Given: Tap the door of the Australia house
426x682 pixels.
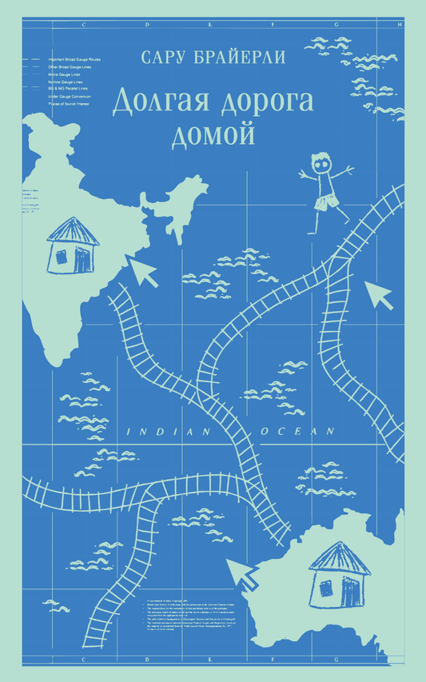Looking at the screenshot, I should (349, 590).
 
